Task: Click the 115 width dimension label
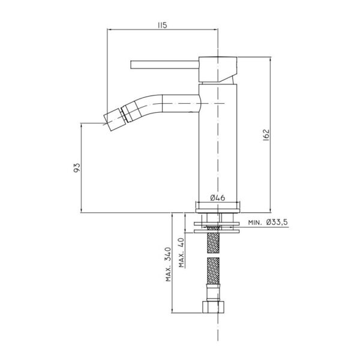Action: [163, 25]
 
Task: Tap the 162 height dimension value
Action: [266, 135]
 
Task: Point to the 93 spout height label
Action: [77, 168]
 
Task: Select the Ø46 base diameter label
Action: [217, 197]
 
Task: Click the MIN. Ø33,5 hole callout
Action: [268, 223]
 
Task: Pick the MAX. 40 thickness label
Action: [182, 253]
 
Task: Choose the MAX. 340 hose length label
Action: [169, 264]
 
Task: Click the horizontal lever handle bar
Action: [164, 65]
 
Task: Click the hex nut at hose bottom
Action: [213, 307]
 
